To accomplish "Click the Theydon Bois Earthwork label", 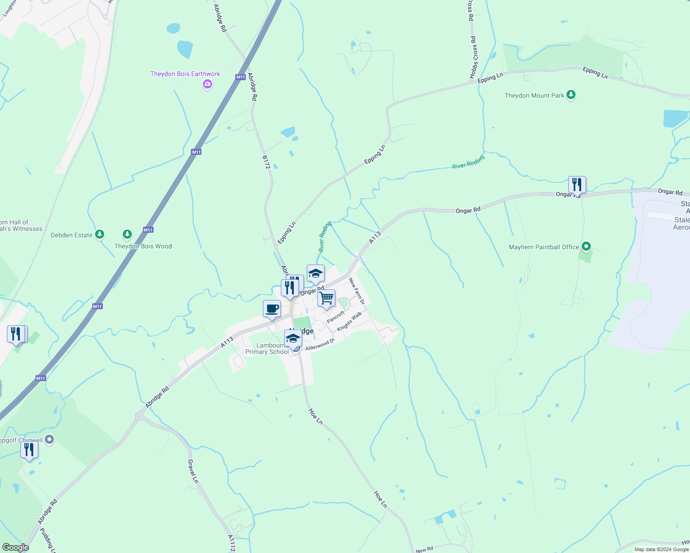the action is click(185, 74).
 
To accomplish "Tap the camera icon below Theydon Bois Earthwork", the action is click(208, 84).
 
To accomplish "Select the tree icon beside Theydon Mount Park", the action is click(571, 95).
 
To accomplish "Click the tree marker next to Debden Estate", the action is click(100, 235).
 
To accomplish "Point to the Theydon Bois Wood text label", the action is click(143, 246).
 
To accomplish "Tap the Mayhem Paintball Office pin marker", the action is click(586, 247).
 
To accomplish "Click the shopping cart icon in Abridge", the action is click(326, 299).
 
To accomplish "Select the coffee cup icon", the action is click(272, 308).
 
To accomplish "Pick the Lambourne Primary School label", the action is click(267, 348).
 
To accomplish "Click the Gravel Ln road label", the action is click(193, 471).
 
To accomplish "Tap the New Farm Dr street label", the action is click(357, 291).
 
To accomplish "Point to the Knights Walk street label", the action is click(349, 321).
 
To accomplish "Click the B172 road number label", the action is click(266, 162).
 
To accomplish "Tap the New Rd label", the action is click(424, 549).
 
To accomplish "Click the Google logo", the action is click(15, 547).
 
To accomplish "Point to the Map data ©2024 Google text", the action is click(661, 549).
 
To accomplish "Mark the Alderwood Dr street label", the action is click(320, 344).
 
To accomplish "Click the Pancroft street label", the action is click(335, 317).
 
